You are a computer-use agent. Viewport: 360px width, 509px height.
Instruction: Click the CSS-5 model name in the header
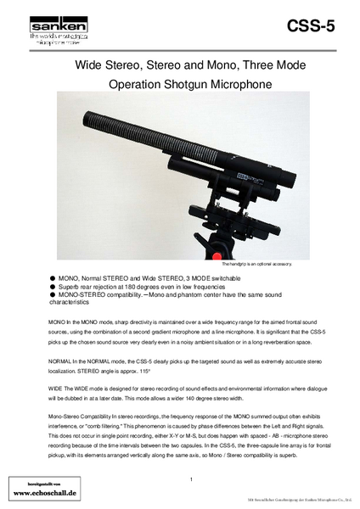[312, 26]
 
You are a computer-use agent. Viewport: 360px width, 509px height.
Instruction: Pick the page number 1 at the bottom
[192, 480]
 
